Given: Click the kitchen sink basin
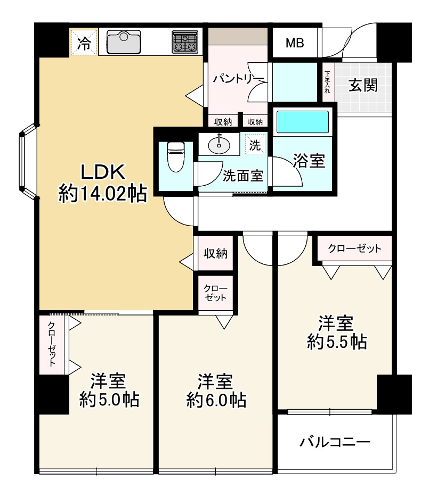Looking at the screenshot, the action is (124, 42).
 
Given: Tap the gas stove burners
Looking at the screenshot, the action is (185, 42).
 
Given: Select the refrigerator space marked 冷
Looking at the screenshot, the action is (84, 42).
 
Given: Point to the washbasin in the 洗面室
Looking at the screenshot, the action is (219, 145).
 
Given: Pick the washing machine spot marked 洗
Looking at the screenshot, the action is (255, 145).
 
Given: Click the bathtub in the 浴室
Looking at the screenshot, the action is (302, 122).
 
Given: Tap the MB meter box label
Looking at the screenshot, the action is (295, 43).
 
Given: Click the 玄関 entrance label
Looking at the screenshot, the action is (363, 85).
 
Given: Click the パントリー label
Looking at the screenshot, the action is (238, 78).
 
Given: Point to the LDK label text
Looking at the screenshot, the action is (103, 172).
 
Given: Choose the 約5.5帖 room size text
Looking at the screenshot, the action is (337, 342).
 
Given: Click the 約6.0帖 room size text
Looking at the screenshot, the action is (216, 400).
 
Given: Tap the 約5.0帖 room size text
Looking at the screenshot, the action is (109, 399).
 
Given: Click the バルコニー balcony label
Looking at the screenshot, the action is (335, 442).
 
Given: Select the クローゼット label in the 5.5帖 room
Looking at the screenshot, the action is (354, 248).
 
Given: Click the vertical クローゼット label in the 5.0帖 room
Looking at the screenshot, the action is (52, 344).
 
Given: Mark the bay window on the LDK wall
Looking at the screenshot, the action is (29, 162).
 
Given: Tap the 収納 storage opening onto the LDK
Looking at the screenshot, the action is (216, 253).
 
